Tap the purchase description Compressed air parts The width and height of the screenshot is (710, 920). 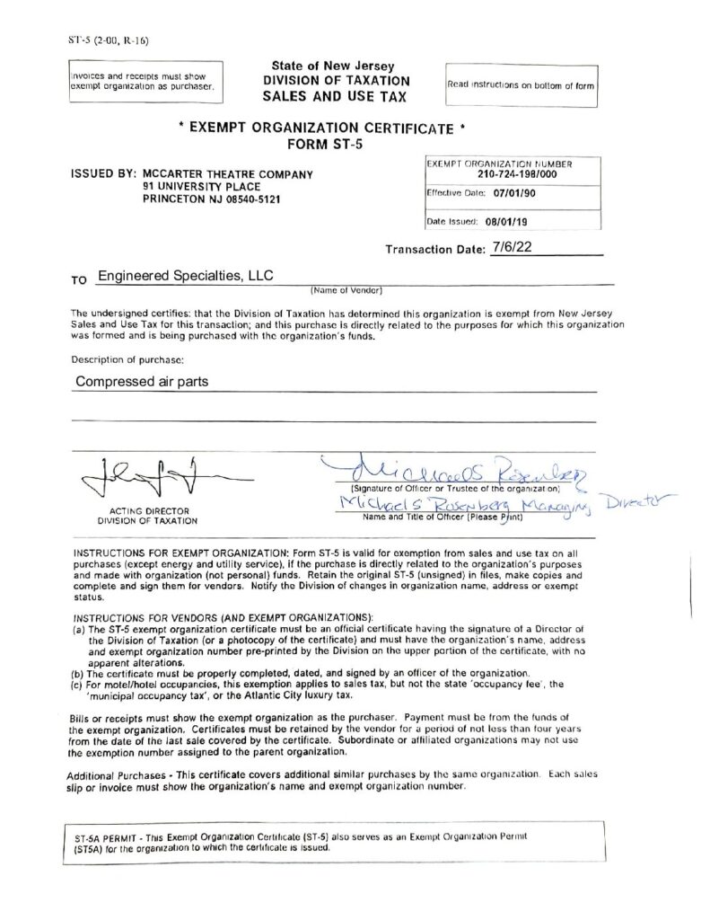(142, 381)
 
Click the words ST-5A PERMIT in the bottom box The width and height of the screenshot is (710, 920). (109, 836)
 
